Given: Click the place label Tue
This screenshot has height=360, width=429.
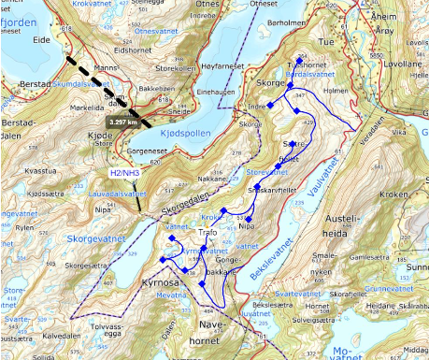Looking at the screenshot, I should (x=325, y=43).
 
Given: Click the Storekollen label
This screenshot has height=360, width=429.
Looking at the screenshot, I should (x=175, y=67).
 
